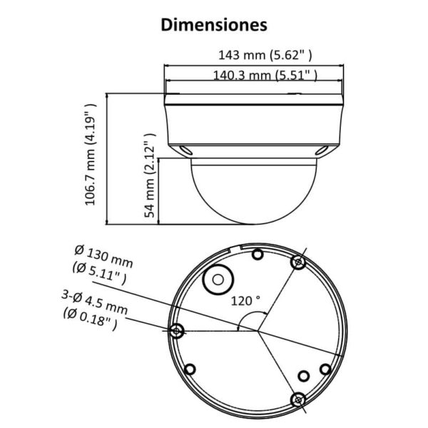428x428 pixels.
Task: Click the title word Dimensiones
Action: [214, 25]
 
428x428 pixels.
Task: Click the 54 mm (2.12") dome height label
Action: [150, 175]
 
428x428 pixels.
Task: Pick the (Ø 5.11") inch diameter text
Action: [99, 273]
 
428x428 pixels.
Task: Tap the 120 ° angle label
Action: [245, 301]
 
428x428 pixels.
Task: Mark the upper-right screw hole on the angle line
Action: [298, 263]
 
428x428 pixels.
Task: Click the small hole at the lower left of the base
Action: [190, 370]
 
